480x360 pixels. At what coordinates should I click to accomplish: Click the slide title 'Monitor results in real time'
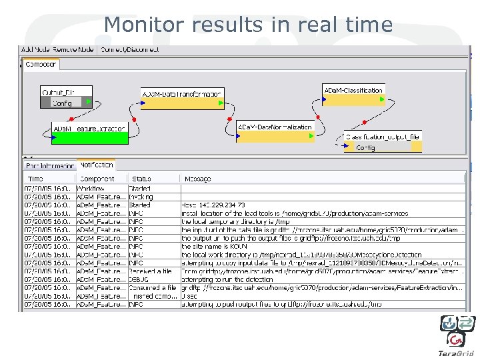point(248,25)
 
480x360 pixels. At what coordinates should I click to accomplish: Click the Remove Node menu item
point(76,50)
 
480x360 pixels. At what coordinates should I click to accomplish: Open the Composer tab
point(41,65)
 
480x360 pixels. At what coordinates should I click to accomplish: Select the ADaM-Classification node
point(353,90)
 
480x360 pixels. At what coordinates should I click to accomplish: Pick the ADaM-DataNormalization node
point(275,127)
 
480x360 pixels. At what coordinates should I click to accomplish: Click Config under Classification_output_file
point(365,147)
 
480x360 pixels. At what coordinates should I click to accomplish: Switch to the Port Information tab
point(49,165)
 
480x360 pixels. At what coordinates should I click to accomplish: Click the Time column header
point(35,179)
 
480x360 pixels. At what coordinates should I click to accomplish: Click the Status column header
point(141,179)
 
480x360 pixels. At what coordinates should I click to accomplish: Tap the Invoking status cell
point(141,197)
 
